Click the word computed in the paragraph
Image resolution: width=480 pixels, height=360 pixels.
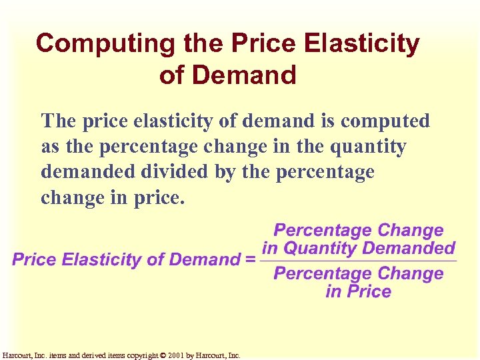[385, 121]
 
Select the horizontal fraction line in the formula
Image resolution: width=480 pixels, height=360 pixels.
[358, 261]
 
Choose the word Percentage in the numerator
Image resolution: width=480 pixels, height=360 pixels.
[325, 231]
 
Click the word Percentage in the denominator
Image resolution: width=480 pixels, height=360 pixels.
[325, 273]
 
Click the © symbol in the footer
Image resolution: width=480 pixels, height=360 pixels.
[164, 355]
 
